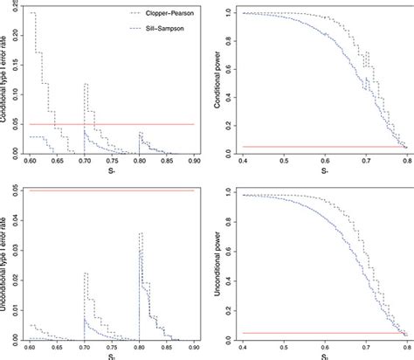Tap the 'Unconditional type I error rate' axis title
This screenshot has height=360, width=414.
(x=6, y=262)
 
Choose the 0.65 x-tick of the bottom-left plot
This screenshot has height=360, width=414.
(x=58, y=347)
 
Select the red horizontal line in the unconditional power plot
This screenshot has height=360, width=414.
(x=323, y=332)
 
